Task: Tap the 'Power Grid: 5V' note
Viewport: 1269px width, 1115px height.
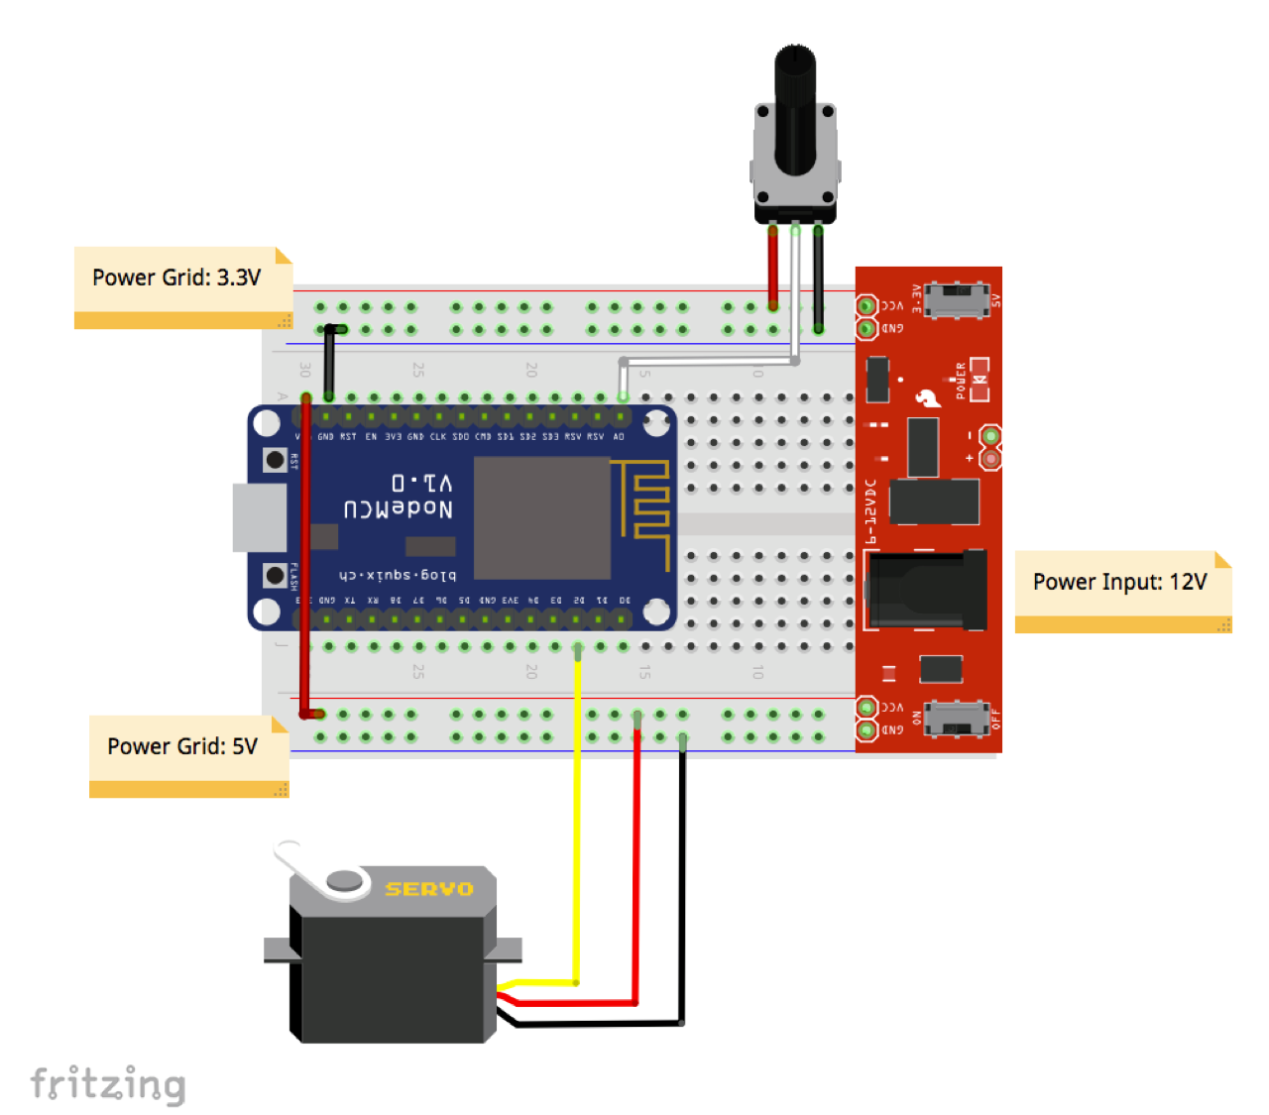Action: (182, 747)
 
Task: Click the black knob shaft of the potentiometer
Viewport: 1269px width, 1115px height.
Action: (794, 109)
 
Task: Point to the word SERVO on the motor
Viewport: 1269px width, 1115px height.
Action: (428, 889)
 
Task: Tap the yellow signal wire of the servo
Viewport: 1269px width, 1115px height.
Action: (577, 813)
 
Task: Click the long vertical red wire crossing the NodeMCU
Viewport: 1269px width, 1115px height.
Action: (305, 555)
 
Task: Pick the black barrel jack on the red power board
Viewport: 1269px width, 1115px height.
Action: (927, 590)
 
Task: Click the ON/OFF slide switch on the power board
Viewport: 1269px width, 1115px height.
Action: (957, 718)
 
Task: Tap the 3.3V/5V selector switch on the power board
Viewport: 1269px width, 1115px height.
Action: (957, 298)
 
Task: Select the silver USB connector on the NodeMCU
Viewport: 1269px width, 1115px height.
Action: (259, 517)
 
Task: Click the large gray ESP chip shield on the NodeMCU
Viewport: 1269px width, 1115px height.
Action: (541, 517)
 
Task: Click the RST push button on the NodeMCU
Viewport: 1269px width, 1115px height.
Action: (275, 460)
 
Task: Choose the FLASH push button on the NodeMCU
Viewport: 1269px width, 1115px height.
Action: (275, 575)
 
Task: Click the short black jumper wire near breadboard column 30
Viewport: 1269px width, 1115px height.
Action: (329, 362)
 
